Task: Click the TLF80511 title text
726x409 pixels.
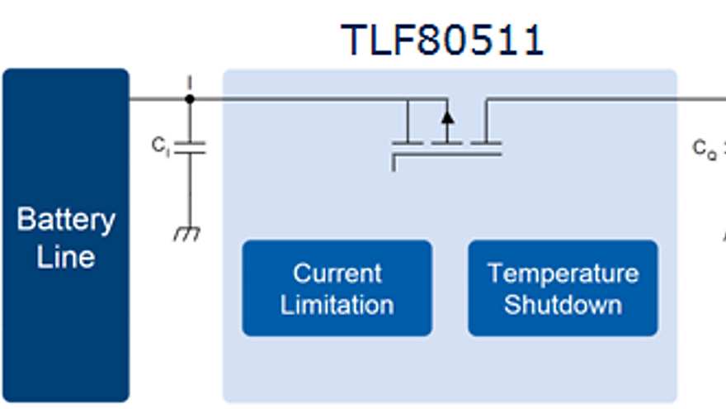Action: click(x=442, y=40)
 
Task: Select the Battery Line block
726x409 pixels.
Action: click(x=66, y=235)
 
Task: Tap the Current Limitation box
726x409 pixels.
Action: click(x=337, y=288)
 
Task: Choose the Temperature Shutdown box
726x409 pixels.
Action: click(x=563, y=288)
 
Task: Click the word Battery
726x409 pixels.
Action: click(x=66, y=221)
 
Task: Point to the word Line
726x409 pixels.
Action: click(x=66, y=256)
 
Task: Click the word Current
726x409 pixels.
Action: click(x=337, y=273)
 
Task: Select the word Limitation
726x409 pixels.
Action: click(x=337, y=304)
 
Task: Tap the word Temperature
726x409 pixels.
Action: click(x=563, y=273)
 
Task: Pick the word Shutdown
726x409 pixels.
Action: click(x=563, y=304)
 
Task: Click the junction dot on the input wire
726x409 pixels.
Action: click(x=190, y=99)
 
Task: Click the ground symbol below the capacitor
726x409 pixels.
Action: click(x=187, y=235)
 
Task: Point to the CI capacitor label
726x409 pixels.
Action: click(x=160, y=146)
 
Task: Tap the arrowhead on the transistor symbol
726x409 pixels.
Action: click(x=447, y=116)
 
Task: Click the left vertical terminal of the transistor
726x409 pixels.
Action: click(x=408, y=121)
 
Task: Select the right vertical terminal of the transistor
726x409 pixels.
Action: click(x=485, y=121)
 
